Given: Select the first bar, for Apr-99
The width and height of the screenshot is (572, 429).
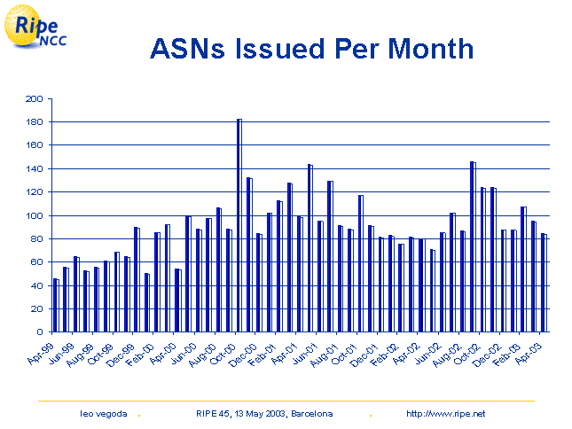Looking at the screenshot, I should click(x=56, y=306).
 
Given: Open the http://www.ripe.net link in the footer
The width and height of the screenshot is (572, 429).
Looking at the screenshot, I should click(x=445, y=414).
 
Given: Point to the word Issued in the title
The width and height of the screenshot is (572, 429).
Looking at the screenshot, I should click(x=286, y=49).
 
